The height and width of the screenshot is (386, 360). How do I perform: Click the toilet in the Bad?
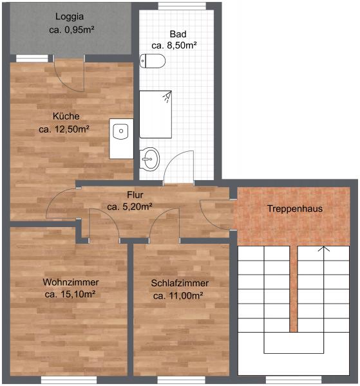coord(152,61)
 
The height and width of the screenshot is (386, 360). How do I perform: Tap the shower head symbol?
coord(167,96)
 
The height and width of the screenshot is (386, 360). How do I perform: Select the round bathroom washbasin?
coord(149,160)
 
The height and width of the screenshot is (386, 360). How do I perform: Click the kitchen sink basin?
coord(120,131)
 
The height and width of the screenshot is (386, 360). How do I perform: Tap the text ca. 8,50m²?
coord(174,46)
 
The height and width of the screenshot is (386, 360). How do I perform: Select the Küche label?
coord(66,116)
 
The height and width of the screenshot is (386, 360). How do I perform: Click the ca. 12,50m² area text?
coord(64,129)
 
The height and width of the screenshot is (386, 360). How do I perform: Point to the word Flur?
coord(135,195)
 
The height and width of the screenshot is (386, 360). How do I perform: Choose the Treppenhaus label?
coord(295,208)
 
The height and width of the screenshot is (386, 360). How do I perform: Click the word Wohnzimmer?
coord(71,282)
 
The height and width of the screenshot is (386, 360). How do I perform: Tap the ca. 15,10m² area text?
coord(70,294)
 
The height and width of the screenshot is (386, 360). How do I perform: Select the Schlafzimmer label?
coord(180,283)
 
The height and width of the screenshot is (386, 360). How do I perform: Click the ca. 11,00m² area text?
coord(178,296)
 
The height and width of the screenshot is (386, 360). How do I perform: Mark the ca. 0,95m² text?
coord(71,30)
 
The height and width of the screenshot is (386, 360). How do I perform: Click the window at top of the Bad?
coord(182,6)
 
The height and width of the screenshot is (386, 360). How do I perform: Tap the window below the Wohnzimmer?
coord(69,380)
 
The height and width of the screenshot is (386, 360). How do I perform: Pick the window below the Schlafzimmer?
coord(181,380)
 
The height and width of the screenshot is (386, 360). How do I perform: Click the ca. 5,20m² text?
coord(130,207)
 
